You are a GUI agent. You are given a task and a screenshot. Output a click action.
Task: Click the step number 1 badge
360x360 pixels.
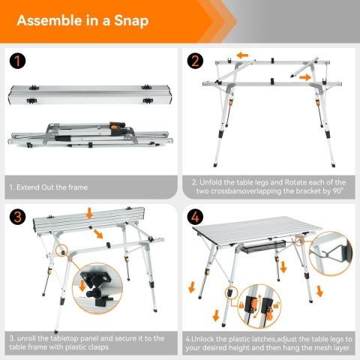tap(17, 61)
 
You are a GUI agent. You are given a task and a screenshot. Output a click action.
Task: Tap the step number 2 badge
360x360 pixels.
tap(195, 61)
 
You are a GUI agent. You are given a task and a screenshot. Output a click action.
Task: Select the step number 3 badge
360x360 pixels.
tap(17, 217)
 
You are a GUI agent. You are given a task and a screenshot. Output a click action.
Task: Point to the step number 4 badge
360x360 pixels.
tap(195, 217)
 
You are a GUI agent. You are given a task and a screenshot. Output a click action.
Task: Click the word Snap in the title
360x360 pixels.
tap(131, 21)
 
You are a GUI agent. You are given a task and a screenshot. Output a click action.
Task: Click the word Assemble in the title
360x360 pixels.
tap(49, 20)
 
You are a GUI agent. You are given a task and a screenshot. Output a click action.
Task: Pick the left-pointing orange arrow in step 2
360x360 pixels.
tap(242, 55)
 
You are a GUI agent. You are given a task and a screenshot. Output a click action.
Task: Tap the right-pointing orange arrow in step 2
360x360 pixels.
tap(305, 77)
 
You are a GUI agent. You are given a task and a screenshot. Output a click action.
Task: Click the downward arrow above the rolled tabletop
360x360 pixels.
tap(89, 214)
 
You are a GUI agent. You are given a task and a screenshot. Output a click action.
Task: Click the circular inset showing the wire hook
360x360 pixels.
tap(331, 253)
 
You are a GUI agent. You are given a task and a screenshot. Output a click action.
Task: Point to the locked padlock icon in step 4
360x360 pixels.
tap(241, 305)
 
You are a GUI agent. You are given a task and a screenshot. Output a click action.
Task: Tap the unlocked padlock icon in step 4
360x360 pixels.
tap(276, 305)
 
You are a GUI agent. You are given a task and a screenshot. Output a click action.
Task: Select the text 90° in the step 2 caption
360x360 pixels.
tap(338, 191)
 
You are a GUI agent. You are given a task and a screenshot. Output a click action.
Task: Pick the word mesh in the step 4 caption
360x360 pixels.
tap(321, 348)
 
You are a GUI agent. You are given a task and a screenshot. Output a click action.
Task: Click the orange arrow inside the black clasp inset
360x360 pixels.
tap(82, 286)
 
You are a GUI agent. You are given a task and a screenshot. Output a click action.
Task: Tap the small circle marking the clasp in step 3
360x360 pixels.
tap(61, 250)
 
